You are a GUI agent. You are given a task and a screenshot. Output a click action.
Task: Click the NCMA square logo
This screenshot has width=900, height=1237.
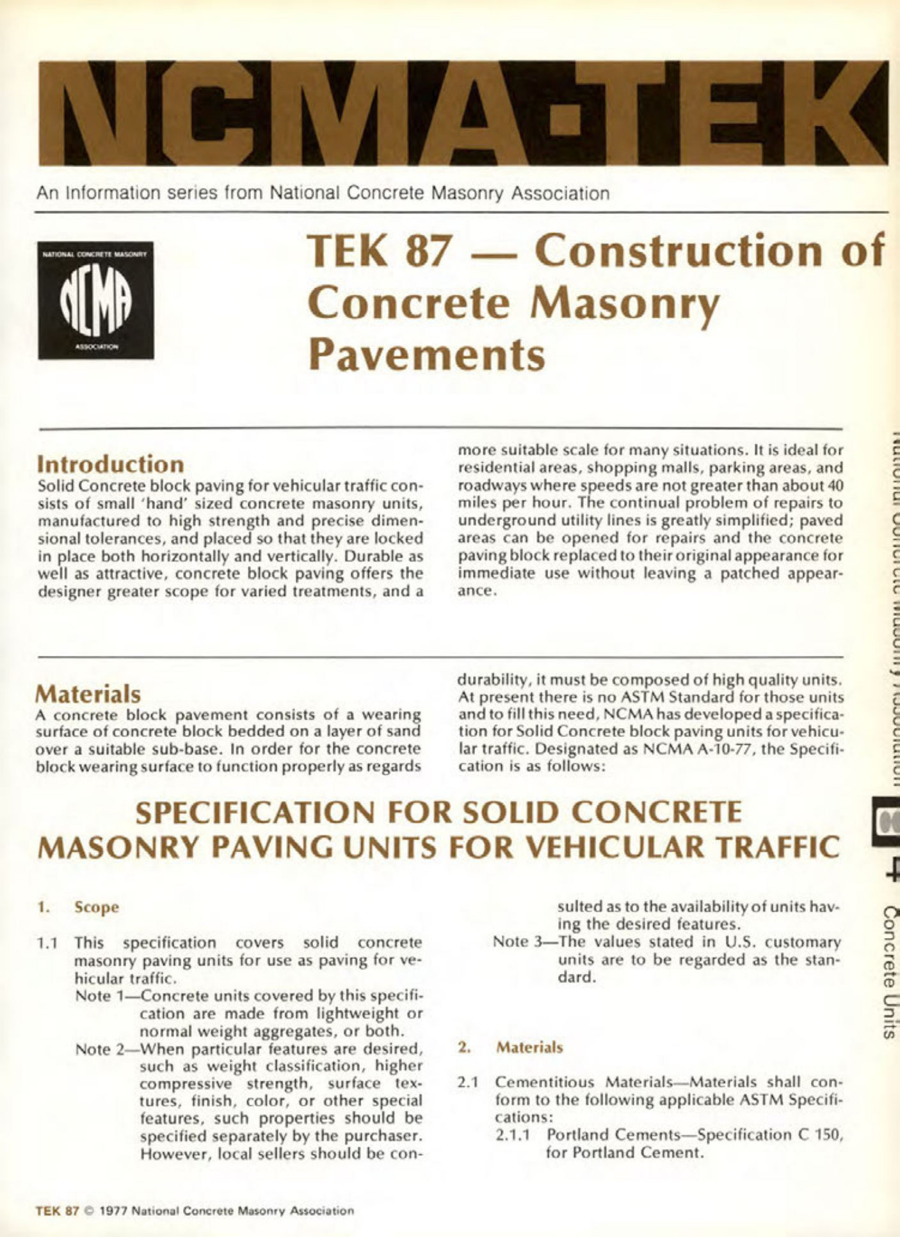point(95,300)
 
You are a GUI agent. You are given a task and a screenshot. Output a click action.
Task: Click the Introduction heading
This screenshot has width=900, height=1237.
point(110,464)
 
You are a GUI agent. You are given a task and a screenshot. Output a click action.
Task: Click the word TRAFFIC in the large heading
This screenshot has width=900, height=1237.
point(776,847)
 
